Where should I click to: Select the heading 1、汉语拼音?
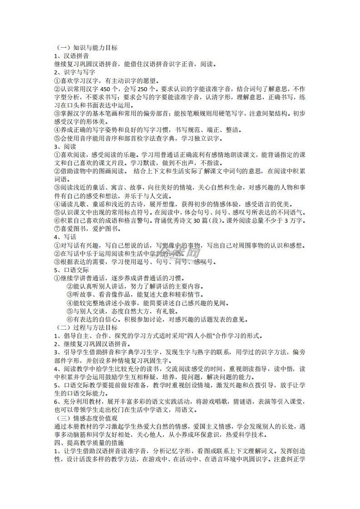click(x=70, y=56)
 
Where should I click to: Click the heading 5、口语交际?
click(x=71, y=270)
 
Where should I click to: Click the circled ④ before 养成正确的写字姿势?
click(x=57, y=130)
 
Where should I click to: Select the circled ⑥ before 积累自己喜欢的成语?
click(x=57, y=220)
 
